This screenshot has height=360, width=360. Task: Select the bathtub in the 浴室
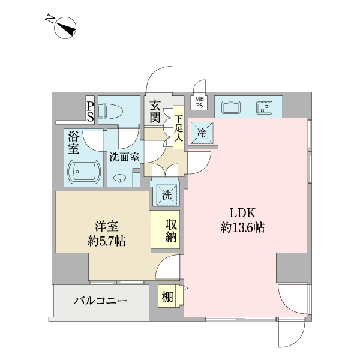(83, 173)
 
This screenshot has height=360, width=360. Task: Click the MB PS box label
(199, 102)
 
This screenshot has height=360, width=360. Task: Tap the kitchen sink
(231, 108)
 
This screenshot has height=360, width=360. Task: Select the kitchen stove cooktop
(264, 108)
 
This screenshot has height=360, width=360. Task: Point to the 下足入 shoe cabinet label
(178, 125)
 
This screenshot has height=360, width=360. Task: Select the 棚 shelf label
(167, 296)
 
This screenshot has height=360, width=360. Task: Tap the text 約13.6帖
(243, 228)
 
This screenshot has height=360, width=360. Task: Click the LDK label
(243, 213)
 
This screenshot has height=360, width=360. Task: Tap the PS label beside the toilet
(90, 110)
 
